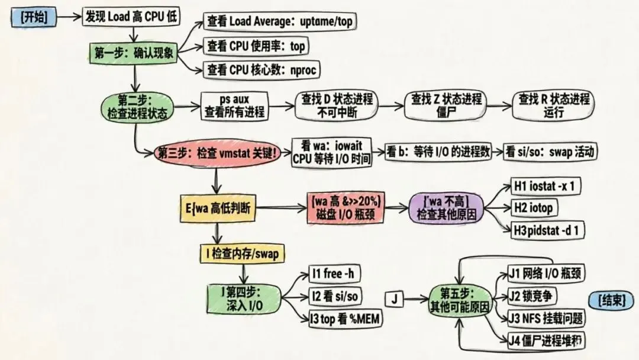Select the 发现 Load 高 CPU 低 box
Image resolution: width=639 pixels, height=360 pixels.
pos(131,17)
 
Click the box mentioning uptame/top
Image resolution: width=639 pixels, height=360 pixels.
pos(280,22)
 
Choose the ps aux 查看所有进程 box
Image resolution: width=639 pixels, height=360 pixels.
pos(235,105)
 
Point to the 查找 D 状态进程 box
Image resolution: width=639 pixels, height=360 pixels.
pos(337,105)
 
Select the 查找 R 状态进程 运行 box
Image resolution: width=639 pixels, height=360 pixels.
pos(553,105)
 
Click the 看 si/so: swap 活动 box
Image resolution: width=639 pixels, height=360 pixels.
pos(551,152)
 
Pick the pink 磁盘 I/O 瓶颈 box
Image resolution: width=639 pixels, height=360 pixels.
pos(344,208)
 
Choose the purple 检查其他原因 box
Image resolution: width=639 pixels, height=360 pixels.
pos(447,208)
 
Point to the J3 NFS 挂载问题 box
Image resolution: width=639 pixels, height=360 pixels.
pos(546,318)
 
